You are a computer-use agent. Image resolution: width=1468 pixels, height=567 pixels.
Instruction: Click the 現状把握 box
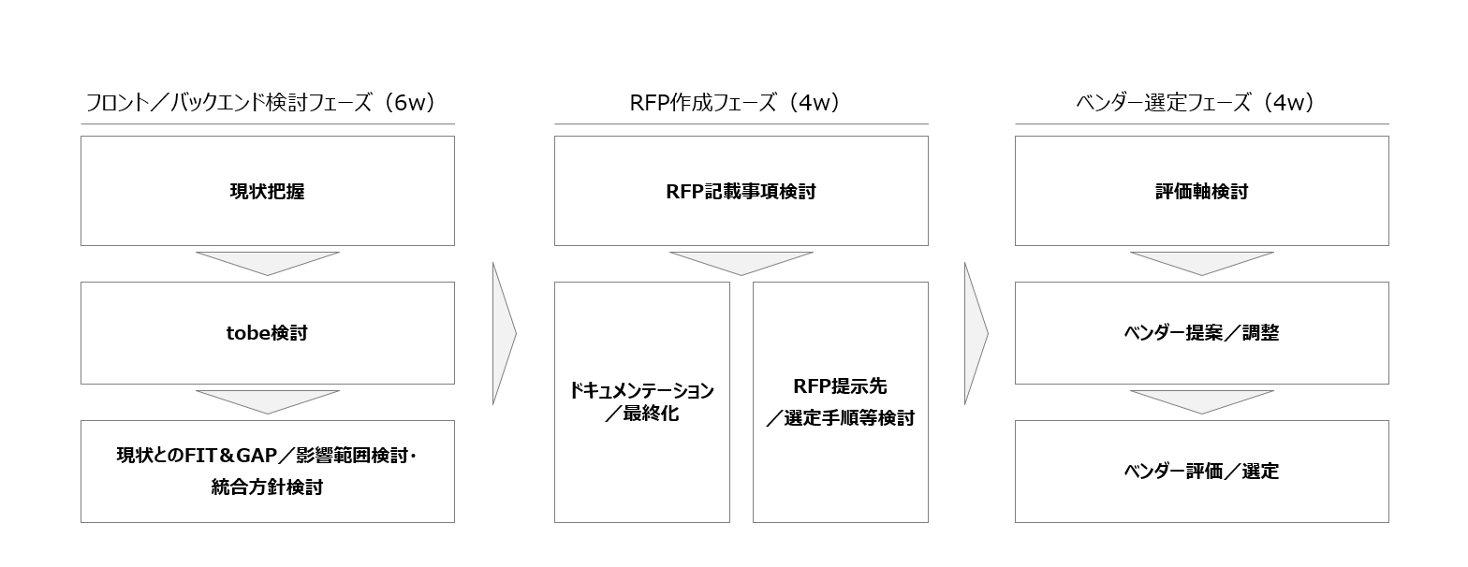coord(268,191)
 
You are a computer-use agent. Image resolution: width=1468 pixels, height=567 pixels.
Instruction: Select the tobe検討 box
coord(268,333)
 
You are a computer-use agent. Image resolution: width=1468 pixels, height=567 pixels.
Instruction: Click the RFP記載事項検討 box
coord(741,191)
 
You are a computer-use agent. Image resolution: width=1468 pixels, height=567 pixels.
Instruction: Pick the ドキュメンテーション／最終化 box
coord(641,402)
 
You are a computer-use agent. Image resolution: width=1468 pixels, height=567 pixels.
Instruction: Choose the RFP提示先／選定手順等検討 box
coord(840,402)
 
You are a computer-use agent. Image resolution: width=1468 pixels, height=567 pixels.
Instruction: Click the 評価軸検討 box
coord(1201,191)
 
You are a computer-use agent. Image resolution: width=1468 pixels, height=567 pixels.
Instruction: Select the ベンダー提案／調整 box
coord(1201,333)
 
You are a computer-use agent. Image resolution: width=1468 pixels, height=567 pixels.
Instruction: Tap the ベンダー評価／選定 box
coord(1201,472)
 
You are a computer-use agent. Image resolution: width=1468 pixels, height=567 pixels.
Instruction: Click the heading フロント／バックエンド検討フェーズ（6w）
coord(260,103)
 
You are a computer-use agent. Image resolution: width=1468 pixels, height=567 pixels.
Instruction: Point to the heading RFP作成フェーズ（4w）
coord(734,103)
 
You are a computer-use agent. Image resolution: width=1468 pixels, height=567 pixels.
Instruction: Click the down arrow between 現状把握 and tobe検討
coord(268,262)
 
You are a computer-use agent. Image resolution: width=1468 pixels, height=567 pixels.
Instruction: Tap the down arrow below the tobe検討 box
coord(268,400)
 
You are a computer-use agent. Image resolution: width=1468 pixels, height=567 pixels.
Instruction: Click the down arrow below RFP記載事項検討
coord(741,262)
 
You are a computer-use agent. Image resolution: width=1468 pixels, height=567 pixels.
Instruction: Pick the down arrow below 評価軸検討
coord(1201,262)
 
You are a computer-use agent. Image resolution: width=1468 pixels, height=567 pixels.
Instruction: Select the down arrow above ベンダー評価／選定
coord(1201,400)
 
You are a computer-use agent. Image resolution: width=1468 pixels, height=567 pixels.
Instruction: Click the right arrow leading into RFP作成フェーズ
coord(503,333)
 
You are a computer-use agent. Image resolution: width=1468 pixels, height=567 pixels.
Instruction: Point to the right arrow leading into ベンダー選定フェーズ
coord(975,333)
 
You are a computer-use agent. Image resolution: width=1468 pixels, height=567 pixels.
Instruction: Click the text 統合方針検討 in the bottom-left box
coord(267,487)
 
